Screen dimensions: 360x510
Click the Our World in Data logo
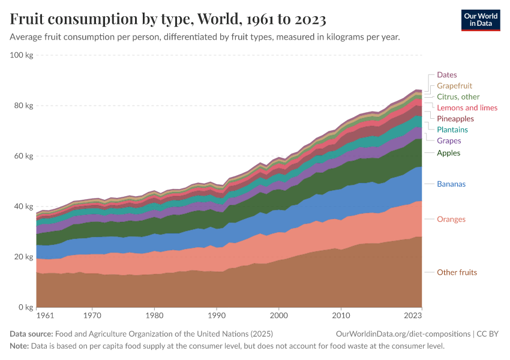[x=480, y=20]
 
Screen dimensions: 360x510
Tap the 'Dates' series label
[x=446, y=75]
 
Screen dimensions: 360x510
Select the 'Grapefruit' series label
[x=455, y=86]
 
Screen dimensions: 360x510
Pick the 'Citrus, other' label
[x=458, y=97]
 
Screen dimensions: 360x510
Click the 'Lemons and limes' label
[x=467, y=107]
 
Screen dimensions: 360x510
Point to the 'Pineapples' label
[x=455, y=119]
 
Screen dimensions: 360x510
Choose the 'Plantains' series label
[x=452, y=130]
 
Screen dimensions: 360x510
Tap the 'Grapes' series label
[x=449, y=141]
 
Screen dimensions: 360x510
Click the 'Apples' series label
[x=448, y=153]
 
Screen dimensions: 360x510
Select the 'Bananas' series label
[x=451, y=184]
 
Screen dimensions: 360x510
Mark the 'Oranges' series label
[x=451, y=219]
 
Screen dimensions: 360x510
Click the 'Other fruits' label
[x=457, y=272]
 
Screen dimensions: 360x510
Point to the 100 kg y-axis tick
[x=22, y=55]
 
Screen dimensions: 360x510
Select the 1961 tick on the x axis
[x=44, y=314]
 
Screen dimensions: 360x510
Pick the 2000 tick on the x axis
[x=278, y=314]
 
